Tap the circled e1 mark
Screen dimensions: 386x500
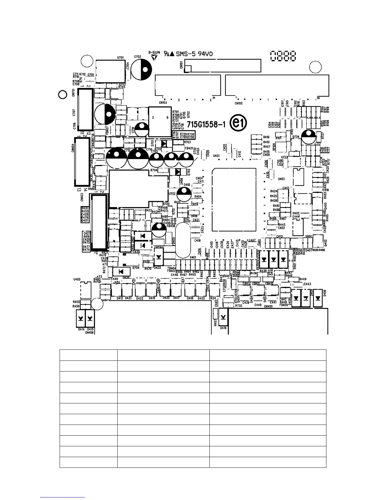(x=238, y=124)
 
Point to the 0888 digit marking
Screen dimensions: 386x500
(x=283, y=57)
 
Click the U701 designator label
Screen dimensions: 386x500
(x=120, y=58)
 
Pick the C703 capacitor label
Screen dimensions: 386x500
(x=137, y=57)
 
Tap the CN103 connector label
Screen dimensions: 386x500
(x=163, y=103)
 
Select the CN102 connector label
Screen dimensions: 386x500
(x=238, y=103)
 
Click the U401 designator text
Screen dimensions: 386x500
(x=216, y=156)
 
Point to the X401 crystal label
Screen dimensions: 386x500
(x=193, y=258)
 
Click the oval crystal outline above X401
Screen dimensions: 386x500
(x=183, y=240)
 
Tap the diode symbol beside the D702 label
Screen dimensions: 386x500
(x=178, y=172)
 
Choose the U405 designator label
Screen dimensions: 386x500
(x=77, y=279)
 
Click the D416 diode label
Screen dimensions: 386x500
(x=223, y=328)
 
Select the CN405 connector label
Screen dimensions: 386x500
(x=268, y=306)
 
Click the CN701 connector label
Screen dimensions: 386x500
(x=73, y=93)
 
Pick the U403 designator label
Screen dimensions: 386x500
(x=281, y=179)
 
